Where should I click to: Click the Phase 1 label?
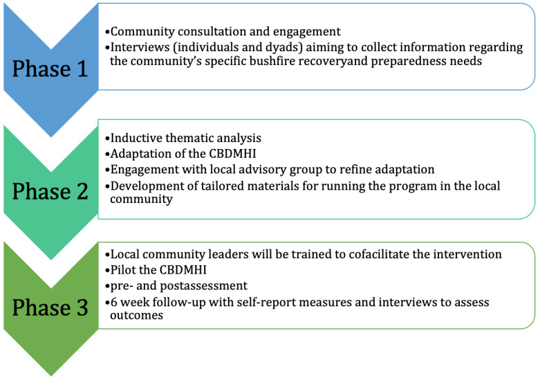click(x=50, y=69)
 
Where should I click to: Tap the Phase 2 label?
click(x=50, y=191)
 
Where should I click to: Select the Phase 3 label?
click(x=50, y=307)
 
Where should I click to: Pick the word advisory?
click(x=258, y=170)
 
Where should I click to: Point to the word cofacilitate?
click(x=378, y=254)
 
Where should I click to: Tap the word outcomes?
click(x=136, y=315)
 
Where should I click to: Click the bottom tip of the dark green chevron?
click(x=51, y=376)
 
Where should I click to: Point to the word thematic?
click(x=187, y=138)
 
